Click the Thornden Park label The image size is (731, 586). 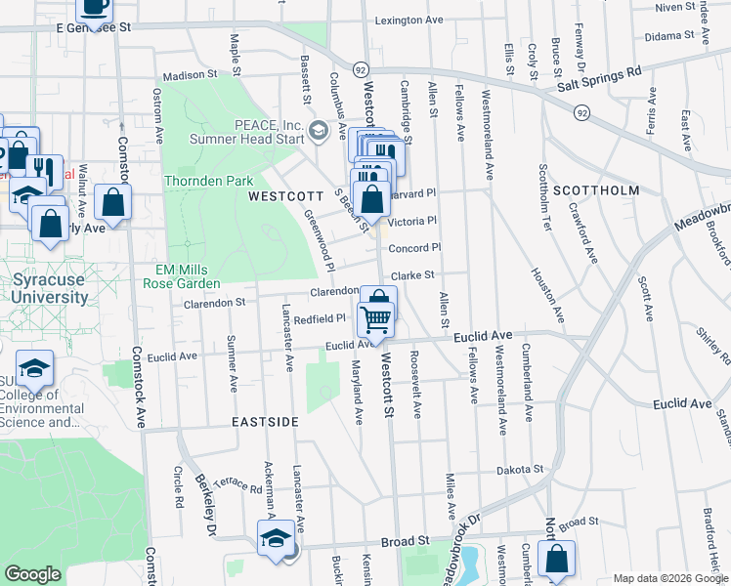click(208, 181)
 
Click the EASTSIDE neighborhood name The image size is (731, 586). click(265, 422)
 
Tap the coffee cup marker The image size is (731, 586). click(94, 8)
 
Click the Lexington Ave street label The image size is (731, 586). click(409, 20)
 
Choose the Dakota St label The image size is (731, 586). click(519, 470)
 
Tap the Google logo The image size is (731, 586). click(32, 574)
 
